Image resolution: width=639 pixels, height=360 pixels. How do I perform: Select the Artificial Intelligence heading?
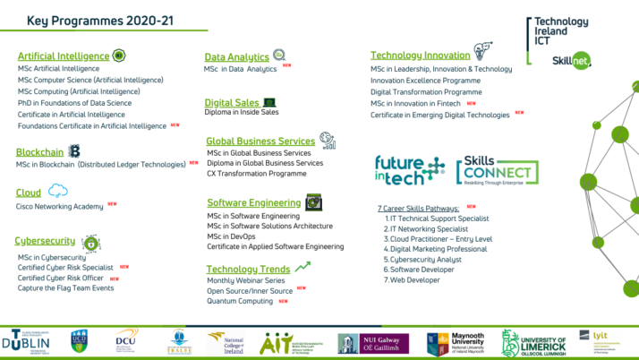coord(64,56)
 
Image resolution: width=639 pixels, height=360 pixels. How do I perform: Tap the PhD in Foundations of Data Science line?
coord(74,103)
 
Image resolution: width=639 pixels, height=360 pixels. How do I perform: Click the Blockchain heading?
coord(40,151)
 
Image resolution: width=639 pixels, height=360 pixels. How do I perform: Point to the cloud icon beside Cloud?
coord(58,191)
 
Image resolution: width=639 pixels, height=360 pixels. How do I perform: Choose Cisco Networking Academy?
coord(59,206)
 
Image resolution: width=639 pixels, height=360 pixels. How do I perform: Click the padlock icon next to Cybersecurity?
coord(90,243)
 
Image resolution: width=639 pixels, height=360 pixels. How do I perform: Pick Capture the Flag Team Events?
coord(65,288)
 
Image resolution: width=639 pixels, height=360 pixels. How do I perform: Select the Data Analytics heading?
coord(237,57)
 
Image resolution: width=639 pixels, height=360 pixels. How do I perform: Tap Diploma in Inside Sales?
coord(243,113)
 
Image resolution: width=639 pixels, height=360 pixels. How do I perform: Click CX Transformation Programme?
coord(257,174)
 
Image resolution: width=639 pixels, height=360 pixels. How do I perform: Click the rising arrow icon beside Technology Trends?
coord(303,266)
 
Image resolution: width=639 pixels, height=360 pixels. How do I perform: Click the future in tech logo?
coord(410,170)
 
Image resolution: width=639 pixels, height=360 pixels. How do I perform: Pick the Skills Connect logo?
coord(497,173)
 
